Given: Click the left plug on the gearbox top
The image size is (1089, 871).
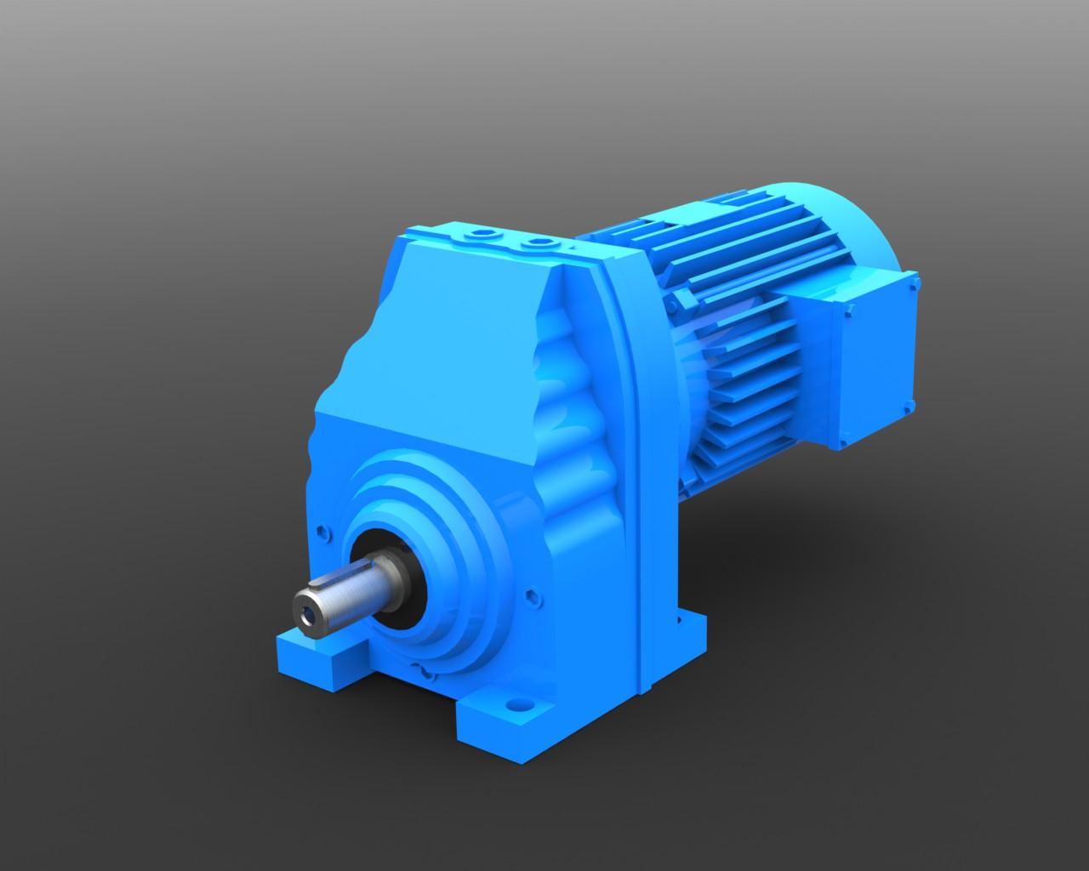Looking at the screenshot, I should coord(484,233).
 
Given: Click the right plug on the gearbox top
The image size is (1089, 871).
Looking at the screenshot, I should coord(536,245).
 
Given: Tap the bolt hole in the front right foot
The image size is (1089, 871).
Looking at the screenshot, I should coord(517,705).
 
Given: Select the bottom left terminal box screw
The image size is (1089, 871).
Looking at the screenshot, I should coord(843,442).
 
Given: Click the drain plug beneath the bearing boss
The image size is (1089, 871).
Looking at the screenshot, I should coord(425,672).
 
